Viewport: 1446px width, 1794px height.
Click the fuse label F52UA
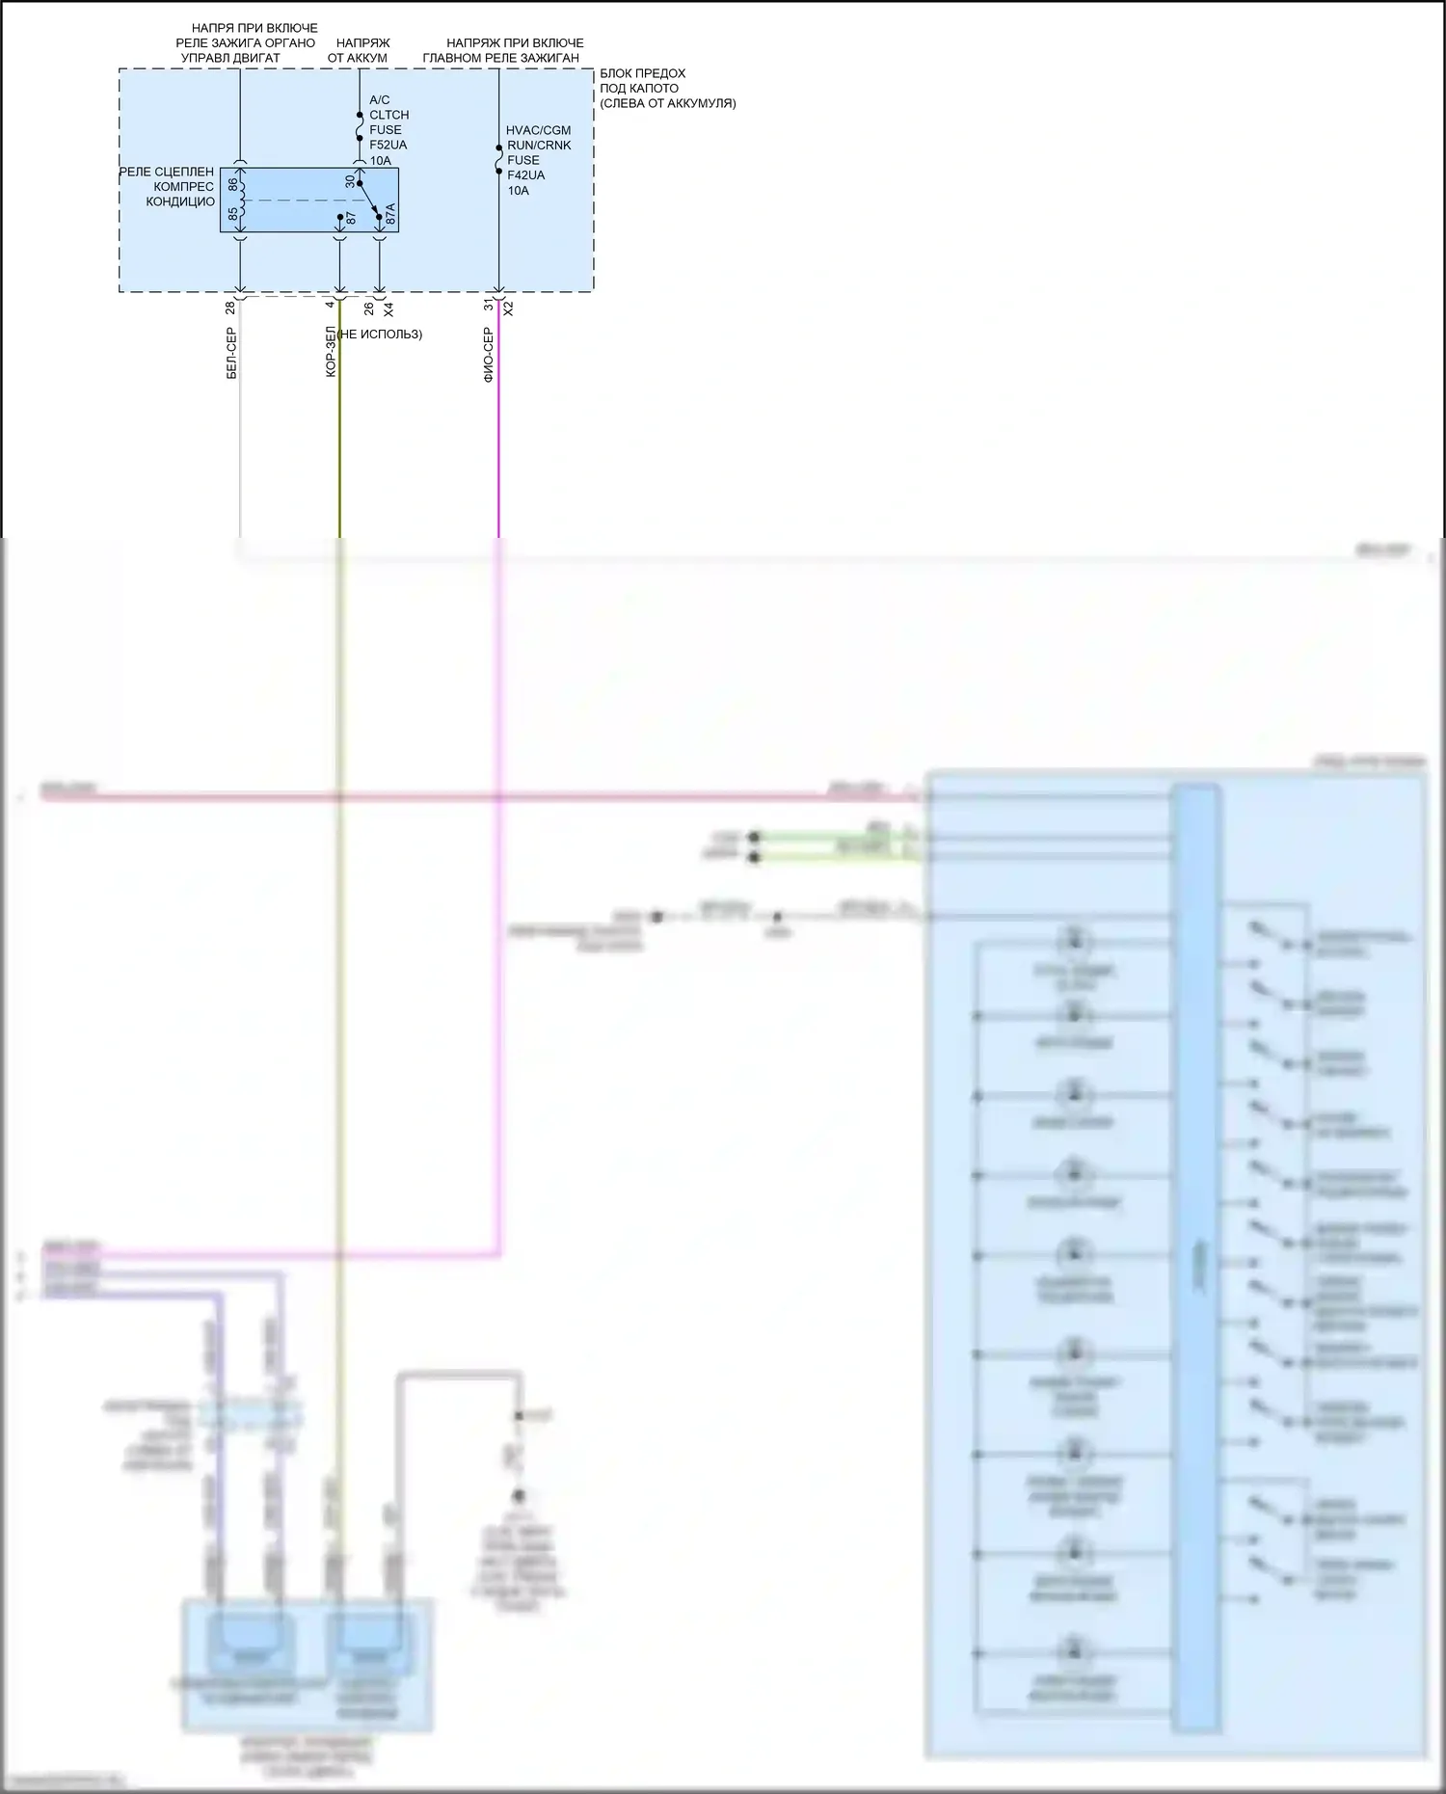[x=388, y=145]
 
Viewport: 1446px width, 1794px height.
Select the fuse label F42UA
[x=525, y=175]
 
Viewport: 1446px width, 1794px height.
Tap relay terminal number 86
[x=232, y=183]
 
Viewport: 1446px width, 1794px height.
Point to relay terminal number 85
[x=232, y=214]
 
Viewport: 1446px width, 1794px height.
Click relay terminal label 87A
[x=390, y=214]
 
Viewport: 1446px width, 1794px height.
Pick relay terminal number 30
[x=350, y=181]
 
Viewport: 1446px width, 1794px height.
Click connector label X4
[x=388, y=309]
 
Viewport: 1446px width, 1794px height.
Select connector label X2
[x=509, y=308]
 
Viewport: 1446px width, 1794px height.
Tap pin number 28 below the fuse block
[x=229, y=308]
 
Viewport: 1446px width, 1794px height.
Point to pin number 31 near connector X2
[x=489, y=305]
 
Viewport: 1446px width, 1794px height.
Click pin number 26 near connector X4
[x=368, y=308]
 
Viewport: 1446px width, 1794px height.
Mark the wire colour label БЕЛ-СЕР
[x=231, y=353]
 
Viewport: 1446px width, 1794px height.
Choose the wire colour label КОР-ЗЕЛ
[x=331, y=351]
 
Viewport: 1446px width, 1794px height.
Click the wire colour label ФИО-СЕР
[x=489, y=355]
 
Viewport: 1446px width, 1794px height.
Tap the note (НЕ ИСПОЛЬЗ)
[x=379, y=335]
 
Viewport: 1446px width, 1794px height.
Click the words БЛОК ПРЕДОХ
[x=642, y=73]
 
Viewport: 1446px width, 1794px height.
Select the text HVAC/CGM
[x=538, y=130]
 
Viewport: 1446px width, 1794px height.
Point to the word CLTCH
[x=388, y=115]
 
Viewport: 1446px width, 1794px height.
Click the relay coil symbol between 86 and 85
[x=242, y=199]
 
